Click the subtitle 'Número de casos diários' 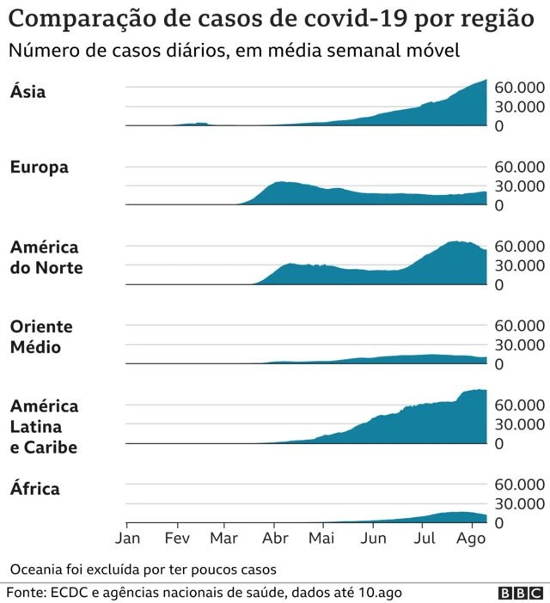[x=234, y=51]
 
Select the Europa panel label [x=40, y=167]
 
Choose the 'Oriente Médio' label [x=40, y=337]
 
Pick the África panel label [x=35, y=490]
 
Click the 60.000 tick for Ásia [x=518, y=88]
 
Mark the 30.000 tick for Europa [x=518, y=186]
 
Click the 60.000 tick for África [x=518, y=484]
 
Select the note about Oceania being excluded [x=144, y=569]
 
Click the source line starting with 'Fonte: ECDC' [x=205, y=593]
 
